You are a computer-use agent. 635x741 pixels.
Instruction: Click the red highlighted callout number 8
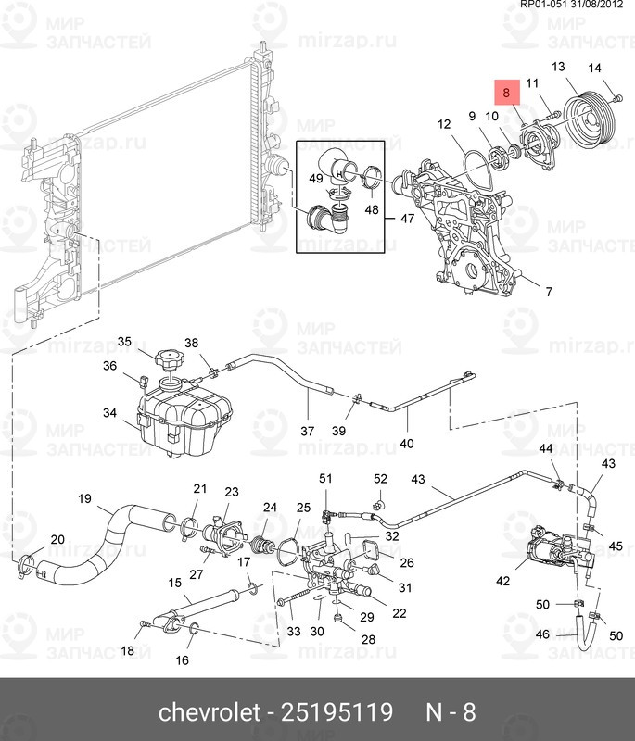(506, 94)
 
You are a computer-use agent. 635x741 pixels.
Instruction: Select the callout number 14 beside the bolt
(594, 68)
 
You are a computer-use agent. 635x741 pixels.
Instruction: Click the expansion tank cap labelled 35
(170, 360)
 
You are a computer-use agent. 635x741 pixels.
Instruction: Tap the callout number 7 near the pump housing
(548, 292)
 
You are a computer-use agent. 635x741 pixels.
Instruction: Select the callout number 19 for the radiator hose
(84, 499)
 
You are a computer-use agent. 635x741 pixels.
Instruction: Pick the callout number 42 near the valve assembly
(502, 582)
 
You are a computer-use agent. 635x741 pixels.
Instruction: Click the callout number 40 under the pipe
(406, 444)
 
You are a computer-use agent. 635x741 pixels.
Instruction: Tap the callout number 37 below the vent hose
(307, 432)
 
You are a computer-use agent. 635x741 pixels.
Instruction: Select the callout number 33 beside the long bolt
(294, 632)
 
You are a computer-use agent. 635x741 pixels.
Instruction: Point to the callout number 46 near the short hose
(542, 634)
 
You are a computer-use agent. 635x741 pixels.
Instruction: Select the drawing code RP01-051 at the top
(543, 6)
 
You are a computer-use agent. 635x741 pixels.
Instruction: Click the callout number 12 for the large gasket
(444, 123)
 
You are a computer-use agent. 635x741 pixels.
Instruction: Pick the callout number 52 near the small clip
(380, 479)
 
